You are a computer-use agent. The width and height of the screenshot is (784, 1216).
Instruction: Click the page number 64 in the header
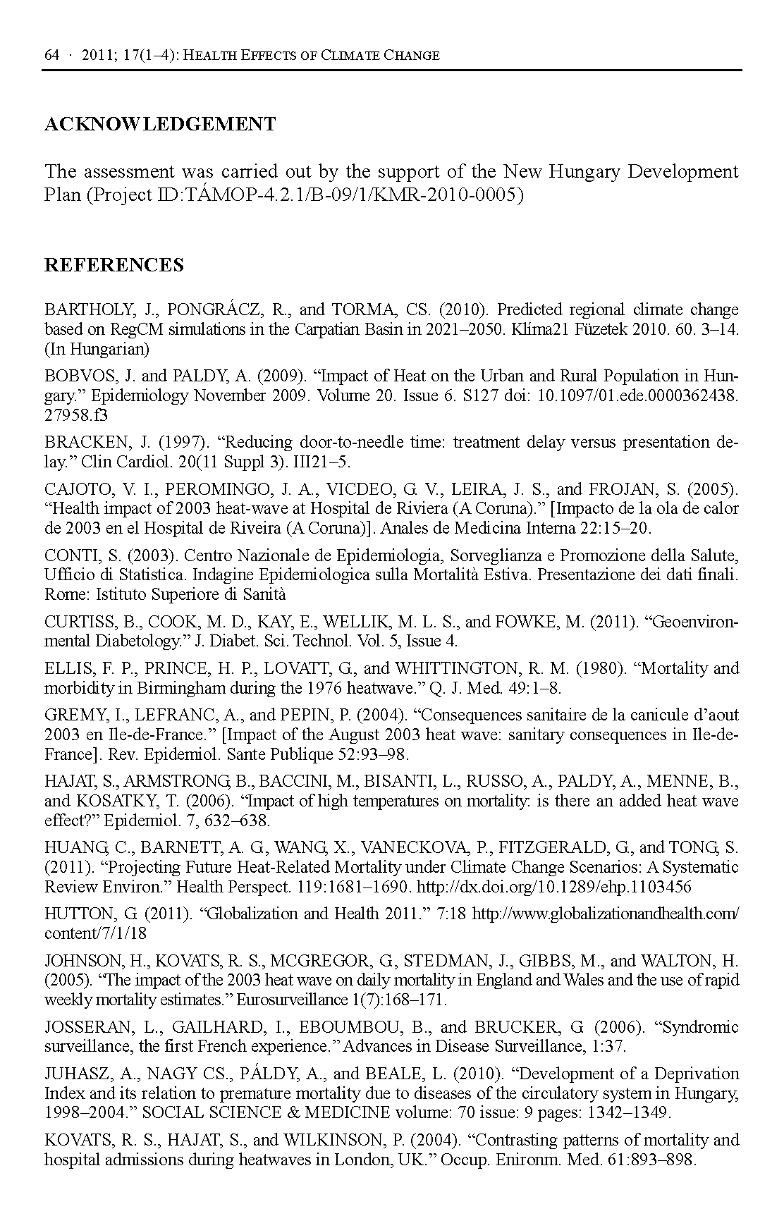coord(51,56)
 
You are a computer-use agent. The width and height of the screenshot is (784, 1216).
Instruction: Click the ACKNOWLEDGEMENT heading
coord(160,125)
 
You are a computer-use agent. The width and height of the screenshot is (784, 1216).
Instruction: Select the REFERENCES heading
coord(114,265)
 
